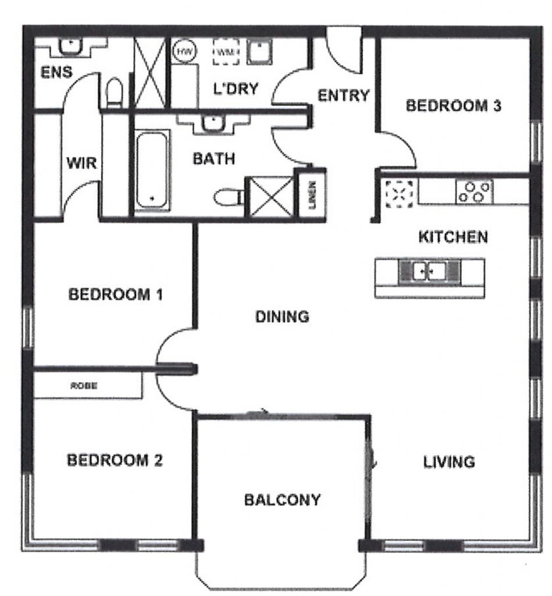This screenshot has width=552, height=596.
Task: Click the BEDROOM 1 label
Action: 116,295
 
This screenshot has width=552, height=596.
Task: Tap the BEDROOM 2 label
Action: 115,460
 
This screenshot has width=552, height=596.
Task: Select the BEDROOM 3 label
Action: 454,105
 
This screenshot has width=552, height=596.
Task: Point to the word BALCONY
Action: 282,499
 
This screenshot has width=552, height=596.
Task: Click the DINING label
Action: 282,317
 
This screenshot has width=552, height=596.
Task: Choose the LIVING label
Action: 448,462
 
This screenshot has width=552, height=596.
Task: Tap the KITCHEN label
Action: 453,237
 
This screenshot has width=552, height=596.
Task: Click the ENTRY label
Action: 343,95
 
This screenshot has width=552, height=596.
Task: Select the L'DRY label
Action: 236,88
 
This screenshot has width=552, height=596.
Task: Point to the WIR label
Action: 81,164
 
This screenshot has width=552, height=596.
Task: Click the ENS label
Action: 56,72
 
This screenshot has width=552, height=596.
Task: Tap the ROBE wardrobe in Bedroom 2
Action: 88,385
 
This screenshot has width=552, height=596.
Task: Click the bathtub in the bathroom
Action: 152,170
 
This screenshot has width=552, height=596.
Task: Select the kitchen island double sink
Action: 429,271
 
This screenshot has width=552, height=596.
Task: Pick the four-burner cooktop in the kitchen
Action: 475,192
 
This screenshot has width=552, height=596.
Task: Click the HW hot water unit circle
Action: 184,51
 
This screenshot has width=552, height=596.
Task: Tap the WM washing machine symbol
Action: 226,52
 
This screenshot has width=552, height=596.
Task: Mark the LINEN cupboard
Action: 312,194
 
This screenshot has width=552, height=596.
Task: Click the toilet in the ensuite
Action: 115,93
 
